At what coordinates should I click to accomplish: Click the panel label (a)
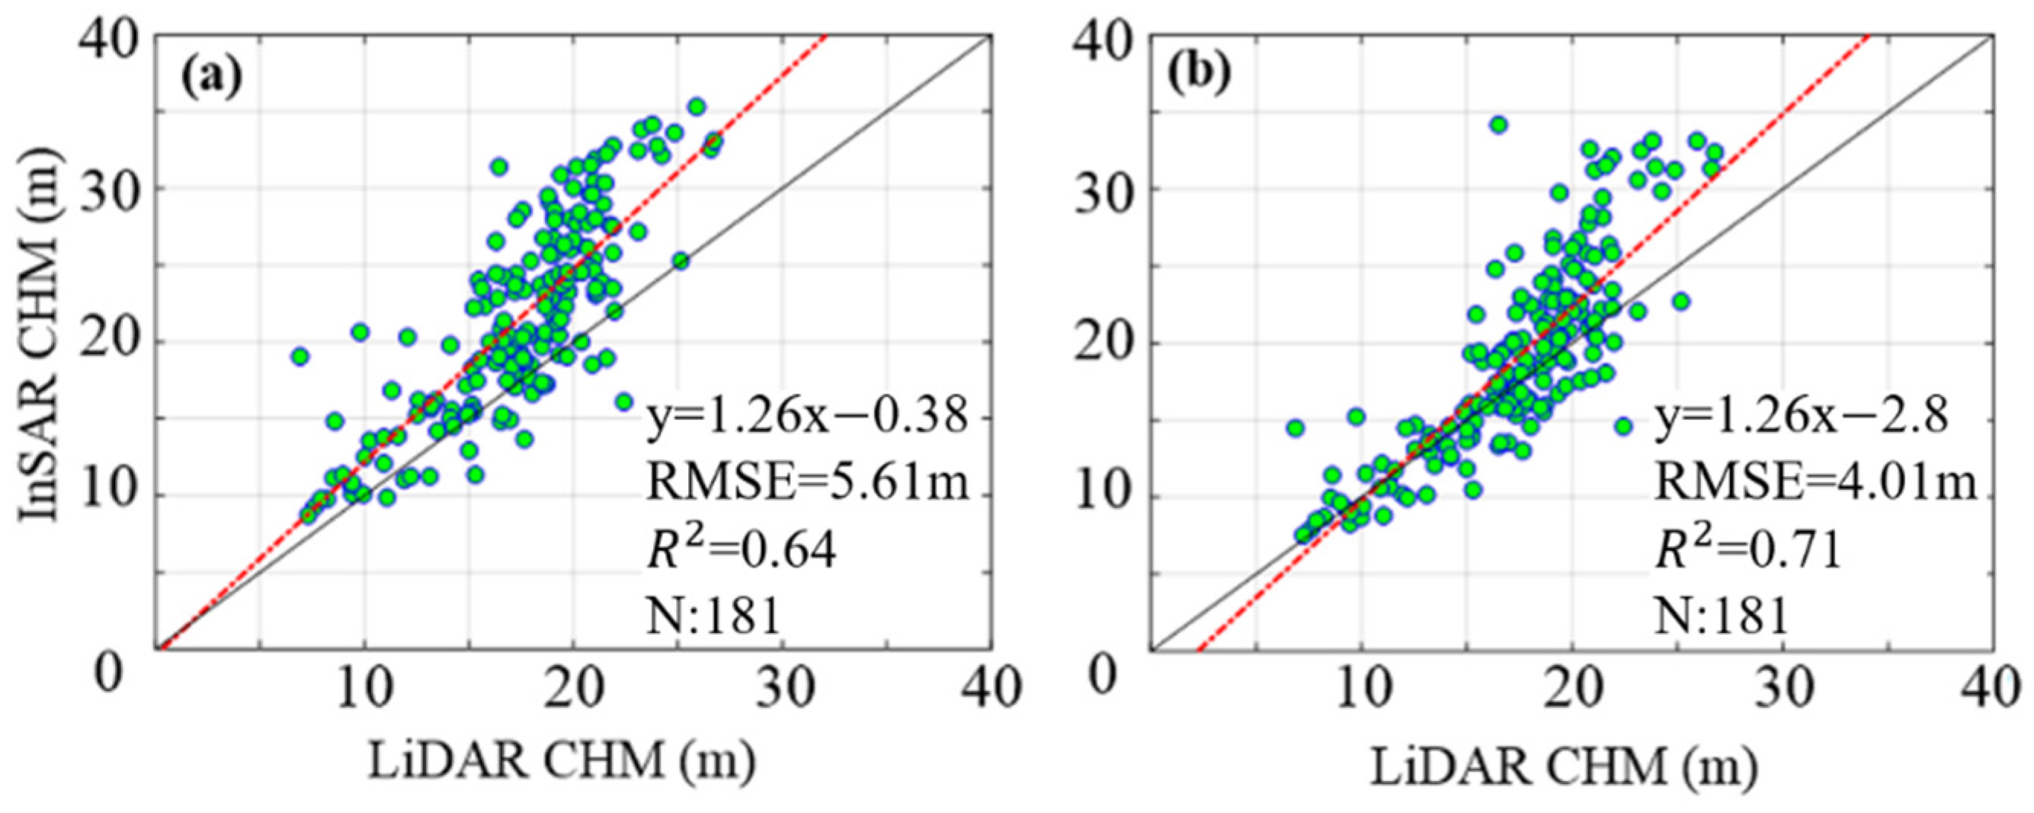[211, 75]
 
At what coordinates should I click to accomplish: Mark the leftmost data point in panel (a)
[299, 356]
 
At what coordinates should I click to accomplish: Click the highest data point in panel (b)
[1499, 124]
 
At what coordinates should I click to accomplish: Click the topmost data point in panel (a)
[697, 106]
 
